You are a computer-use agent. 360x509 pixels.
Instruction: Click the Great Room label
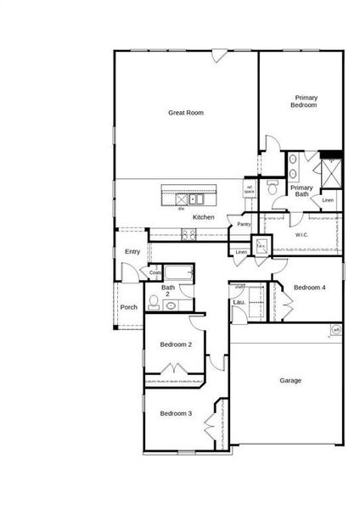coord(186,112)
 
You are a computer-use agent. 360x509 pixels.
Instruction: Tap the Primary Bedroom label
coord(304,102)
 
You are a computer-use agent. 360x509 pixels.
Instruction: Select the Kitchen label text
coord(203,218)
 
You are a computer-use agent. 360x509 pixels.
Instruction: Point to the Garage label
coord(290,380)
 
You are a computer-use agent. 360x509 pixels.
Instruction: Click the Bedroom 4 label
coord(309,288)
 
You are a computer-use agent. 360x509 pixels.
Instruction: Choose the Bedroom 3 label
coord(176,413)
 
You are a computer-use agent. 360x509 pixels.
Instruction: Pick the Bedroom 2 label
coord(176,344)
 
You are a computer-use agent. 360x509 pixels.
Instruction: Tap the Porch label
coord(128,307)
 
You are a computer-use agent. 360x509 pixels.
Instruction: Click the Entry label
coord(132,251)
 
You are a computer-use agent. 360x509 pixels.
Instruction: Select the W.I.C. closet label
coord(301,235)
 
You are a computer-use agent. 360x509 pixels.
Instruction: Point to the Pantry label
coord(244,225)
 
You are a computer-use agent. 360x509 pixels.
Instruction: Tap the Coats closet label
coord(155,272)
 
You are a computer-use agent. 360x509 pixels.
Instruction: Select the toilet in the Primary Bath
coord(271,191)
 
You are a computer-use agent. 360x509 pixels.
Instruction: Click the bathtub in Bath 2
coord(178,273)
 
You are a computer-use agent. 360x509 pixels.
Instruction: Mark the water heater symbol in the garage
coord(335,330)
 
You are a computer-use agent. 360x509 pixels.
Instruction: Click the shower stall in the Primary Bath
coord(330,175)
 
